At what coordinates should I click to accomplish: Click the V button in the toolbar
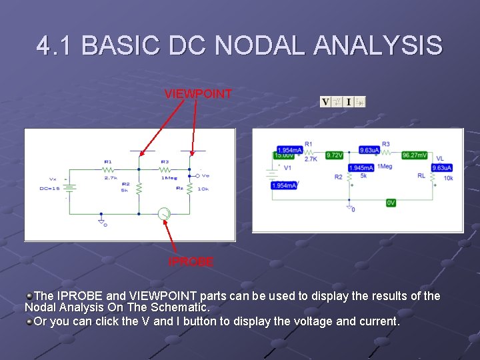coord(325,102)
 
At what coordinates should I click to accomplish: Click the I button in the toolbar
coord(348,102)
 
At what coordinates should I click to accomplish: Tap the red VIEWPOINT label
coord(198,94)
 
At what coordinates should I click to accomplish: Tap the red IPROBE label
coord(191,262)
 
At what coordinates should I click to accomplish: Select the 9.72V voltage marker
coord(334,155)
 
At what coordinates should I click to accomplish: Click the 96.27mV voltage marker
coord(414,155)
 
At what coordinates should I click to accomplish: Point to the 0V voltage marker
coord(391,203)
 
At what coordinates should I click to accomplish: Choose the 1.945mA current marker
coord(361,168)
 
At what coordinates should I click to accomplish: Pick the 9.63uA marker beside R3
coord(369,151)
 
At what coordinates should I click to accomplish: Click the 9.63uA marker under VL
coord(441,167)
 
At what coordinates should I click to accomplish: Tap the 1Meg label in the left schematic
coord(168,178)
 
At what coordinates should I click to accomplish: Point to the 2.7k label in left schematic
coord(110,178)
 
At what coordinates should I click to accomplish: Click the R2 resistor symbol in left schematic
coord(139,189)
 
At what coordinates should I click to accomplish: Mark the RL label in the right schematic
coord(421,176)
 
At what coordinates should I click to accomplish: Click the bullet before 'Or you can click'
coord(29,321)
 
